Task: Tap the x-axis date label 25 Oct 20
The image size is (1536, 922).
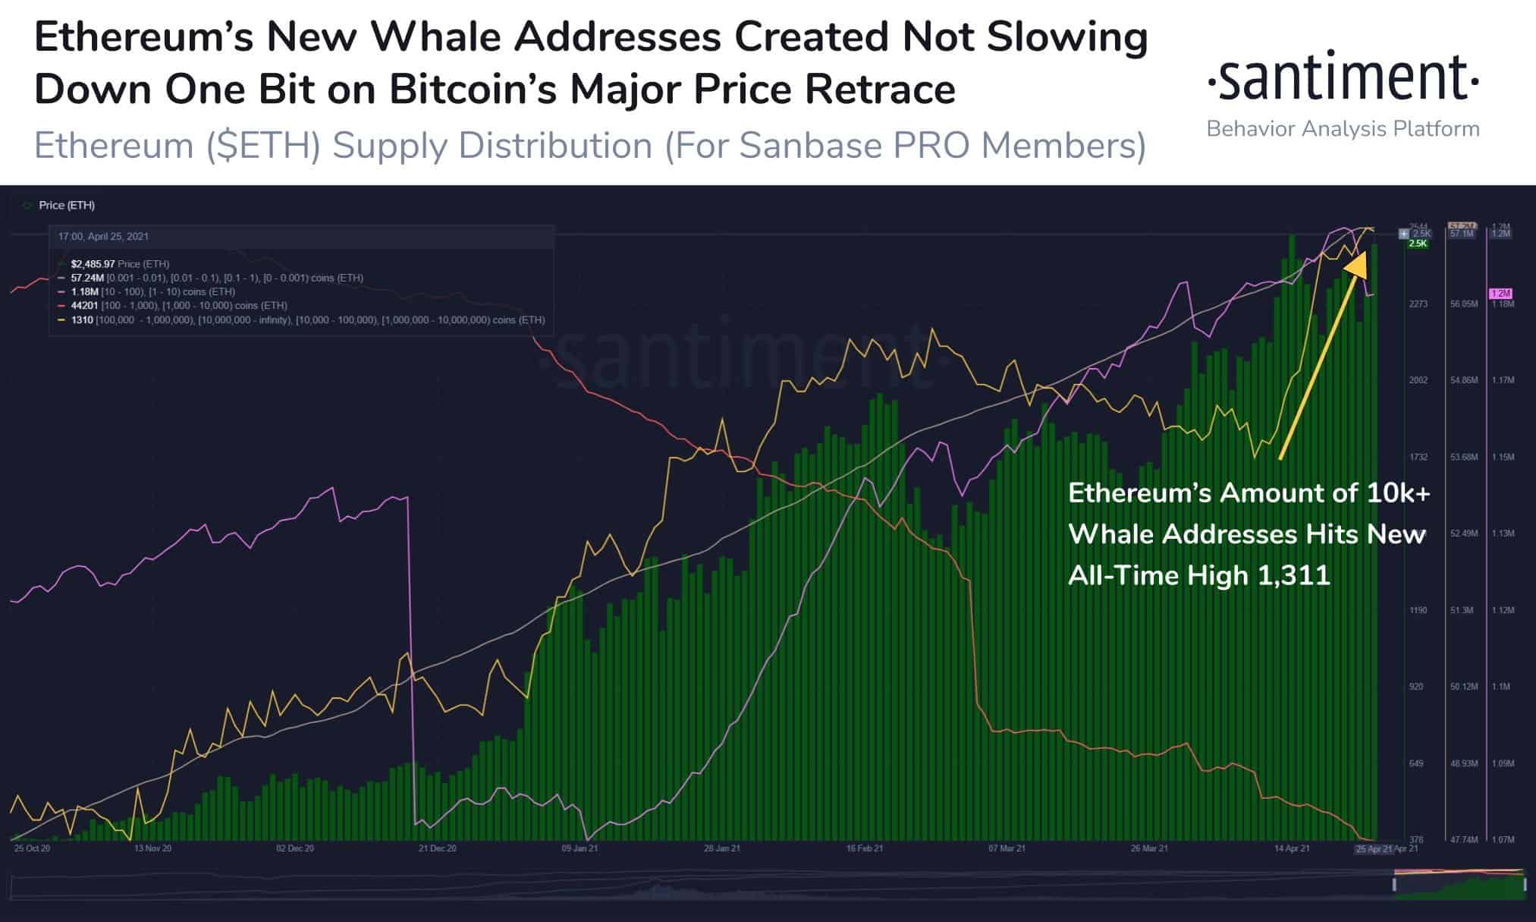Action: click(32, 848)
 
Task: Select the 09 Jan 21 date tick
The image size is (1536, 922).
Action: click(580, 848)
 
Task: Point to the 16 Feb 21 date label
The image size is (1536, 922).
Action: click(865, 848)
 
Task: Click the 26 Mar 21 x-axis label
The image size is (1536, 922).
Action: click(1149, 848)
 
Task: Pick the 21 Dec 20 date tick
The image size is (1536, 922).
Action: click(438, 848)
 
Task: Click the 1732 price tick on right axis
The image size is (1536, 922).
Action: click(1418, 457)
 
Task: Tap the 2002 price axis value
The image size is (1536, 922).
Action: click(1418, 380)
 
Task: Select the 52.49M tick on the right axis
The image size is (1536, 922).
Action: click(1464, 533)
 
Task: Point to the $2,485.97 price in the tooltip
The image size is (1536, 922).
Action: click(93, 264)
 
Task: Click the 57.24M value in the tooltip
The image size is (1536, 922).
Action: click(86, 278)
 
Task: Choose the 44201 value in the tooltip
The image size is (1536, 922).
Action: click(83, 305)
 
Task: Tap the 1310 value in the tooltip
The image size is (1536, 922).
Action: click(82, 319)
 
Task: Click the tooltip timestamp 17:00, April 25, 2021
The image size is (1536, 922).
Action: click(103, 237)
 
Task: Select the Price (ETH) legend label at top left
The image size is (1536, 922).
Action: click(67, 206)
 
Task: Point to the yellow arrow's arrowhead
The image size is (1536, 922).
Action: click(1357, 262)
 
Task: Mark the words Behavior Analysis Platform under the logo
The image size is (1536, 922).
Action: click(1343, 129)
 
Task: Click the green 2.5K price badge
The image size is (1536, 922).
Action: click(1418, 244)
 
